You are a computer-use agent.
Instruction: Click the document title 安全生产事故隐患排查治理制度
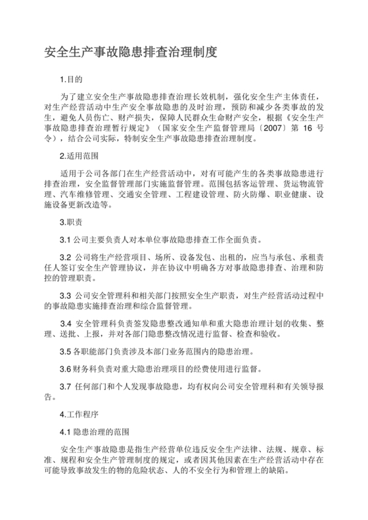coord(130,51)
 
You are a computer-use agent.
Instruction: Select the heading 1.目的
coord(72,79)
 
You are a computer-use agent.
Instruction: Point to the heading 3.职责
coord(72,223)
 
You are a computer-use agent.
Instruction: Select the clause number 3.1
coord(65,239)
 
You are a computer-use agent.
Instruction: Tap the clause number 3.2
coord(65,256)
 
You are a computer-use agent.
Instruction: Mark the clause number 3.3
coord(65,295)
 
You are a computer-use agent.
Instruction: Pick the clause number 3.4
coord(66,324)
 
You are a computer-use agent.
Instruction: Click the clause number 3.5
coord(65,352)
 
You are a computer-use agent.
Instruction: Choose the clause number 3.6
coord(65,369)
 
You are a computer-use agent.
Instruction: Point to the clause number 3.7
coord(65,385)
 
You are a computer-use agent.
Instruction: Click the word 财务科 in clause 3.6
coord(85,369)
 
